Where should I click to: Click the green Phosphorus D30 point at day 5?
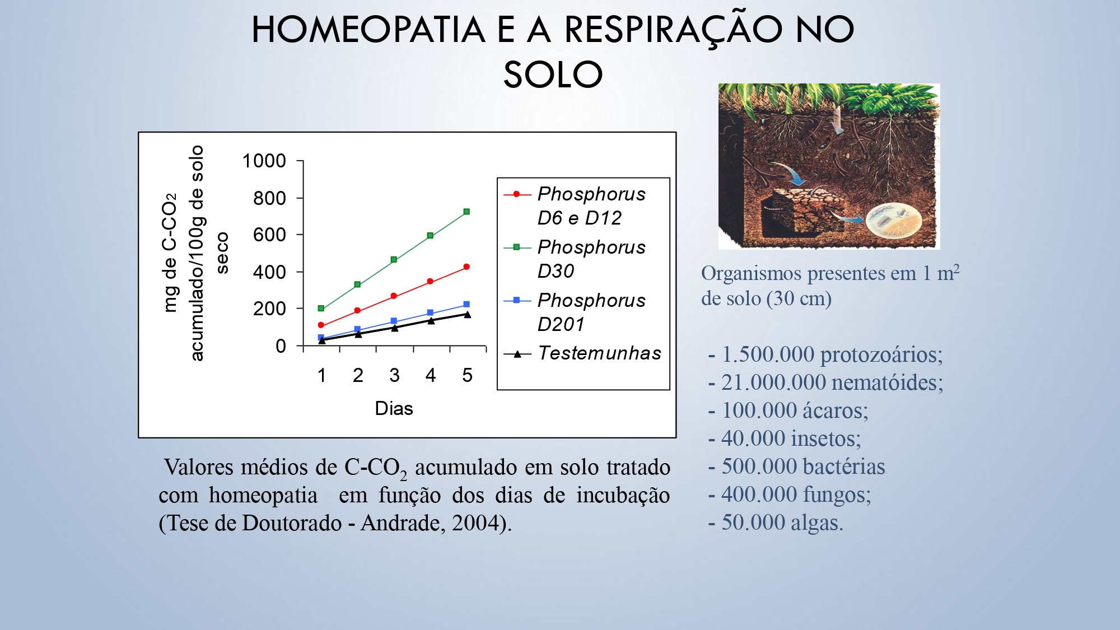click(x=466, y=212)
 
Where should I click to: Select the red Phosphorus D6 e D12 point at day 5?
click(x=466, y=267)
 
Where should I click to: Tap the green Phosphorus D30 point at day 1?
click(x=321, y=309)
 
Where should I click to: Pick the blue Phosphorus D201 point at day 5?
click(x=466, y=305)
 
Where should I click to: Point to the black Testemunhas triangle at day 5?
click(x=467, y=315)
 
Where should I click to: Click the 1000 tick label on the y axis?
click(x=264, y=161)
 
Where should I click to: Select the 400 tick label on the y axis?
click(x=269, y=272)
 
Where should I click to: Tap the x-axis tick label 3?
click(x=394, y=375)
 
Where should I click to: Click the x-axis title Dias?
click(x=394, y=408)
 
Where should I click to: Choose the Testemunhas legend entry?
click(x=599, y=353)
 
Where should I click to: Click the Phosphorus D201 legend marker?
click(x=516, y=301)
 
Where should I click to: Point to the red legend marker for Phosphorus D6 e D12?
click(x=516, y=194)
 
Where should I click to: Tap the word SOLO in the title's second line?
click(x=553, y=74)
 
